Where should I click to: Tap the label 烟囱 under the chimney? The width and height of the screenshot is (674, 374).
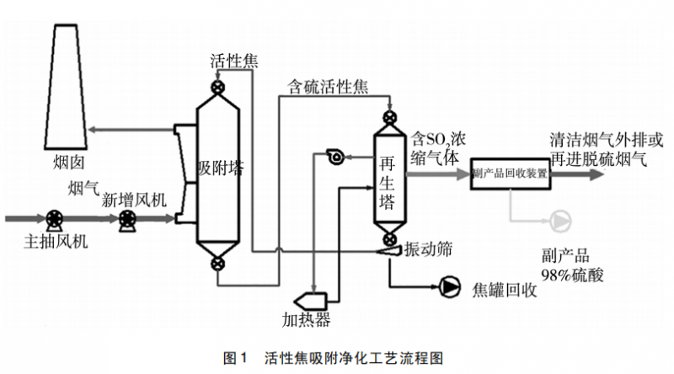pyautogui.click(x=66, y=159)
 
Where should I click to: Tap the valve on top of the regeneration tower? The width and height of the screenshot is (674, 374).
pyautogui.click(x=389, y=116)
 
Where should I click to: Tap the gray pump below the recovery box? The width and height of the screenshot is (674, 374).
pyautogui.click(x=559, y=222)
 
